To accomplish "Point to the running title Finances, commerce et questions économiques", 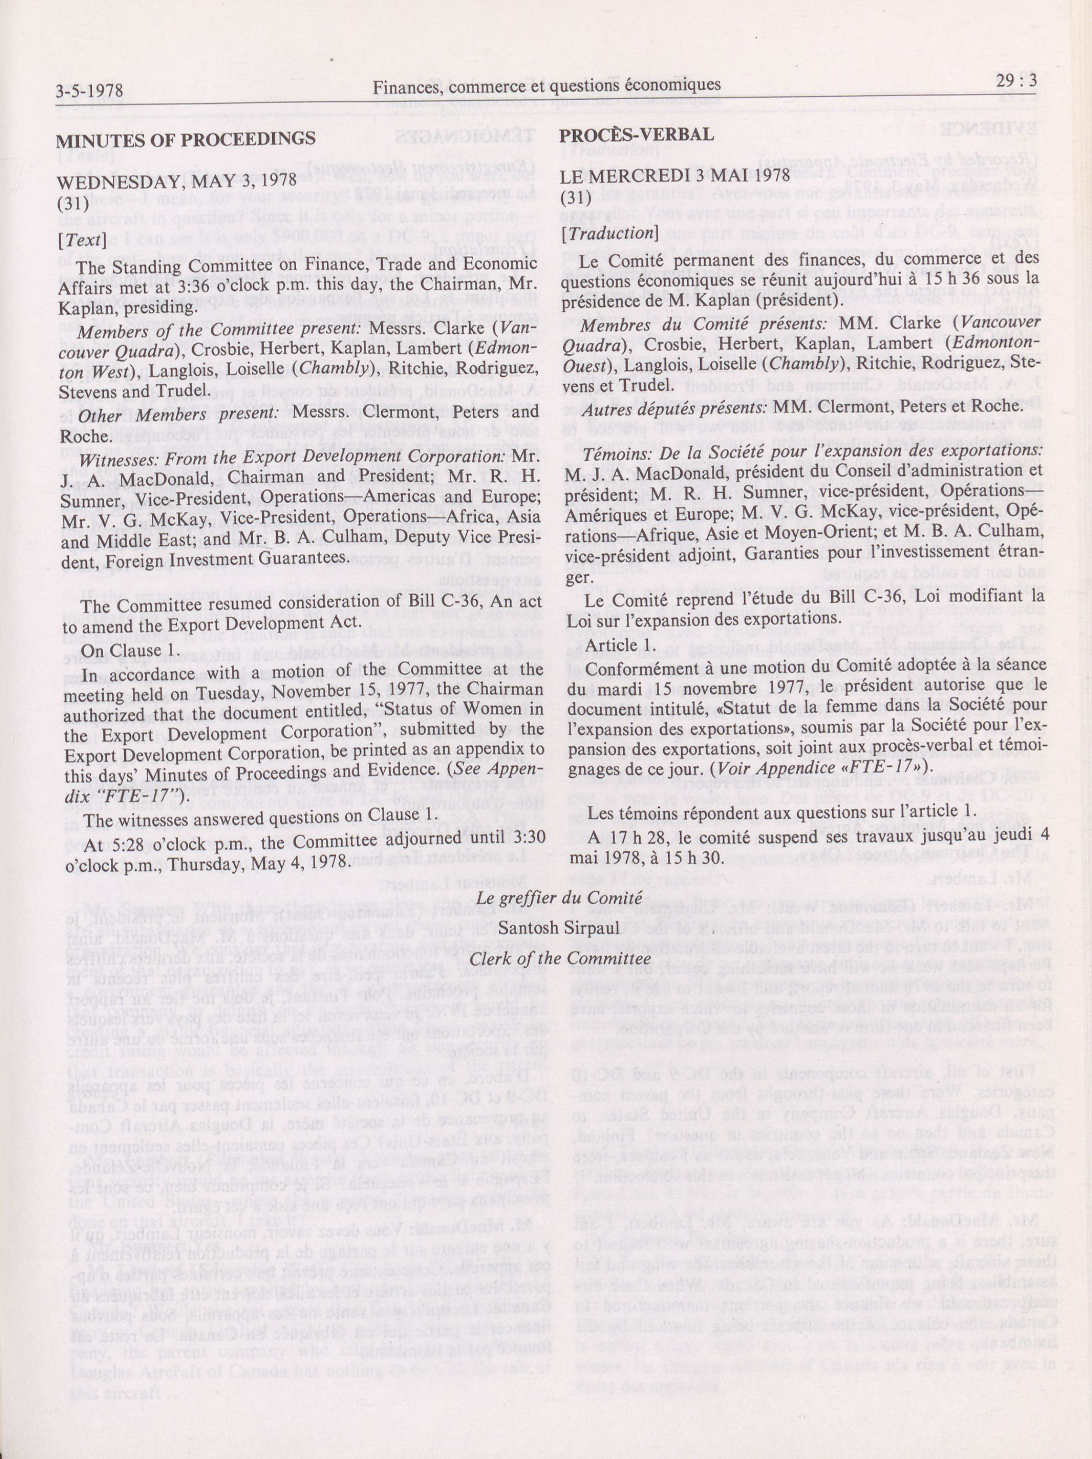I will click(x=546, y=85).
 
